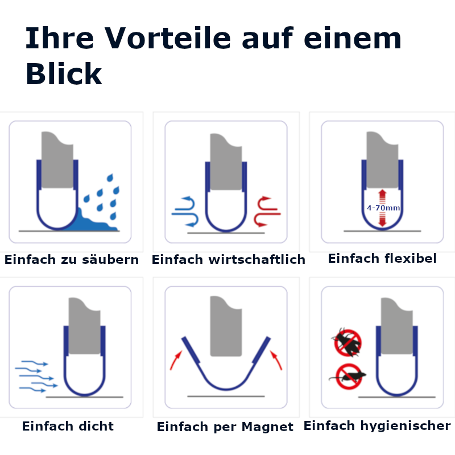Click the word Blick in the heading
(64, 74)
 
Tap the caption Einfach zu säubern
(72, 260)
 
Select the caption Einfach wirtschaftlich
(228, 260)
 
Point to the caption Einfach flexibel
(382, 259)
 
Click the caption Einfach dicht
(68, 426)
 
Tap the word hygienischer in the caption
(413, 425)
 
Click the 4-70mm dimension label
(383, 208)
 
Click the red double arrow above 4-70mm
(382, 196)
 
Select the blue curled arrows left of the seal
(185, 211)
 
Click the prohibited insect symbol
(347, 341)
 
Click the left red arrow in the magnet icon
(176, 359)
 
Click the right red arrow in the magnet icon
(276, 359)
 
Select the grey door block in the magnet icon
(226, 327)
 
